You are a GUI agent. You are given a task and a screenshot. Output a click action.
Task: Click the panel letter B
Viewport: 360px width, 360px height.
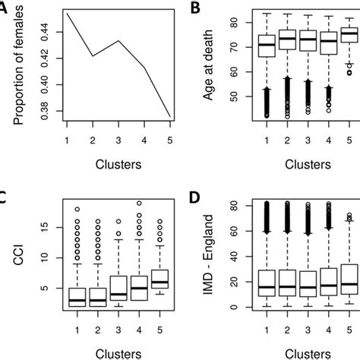click(x=195, y=9)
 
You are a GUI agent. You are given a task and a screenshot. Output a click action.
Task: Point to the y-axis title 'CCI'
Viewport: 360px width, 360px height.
click(x=17, y=257)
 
